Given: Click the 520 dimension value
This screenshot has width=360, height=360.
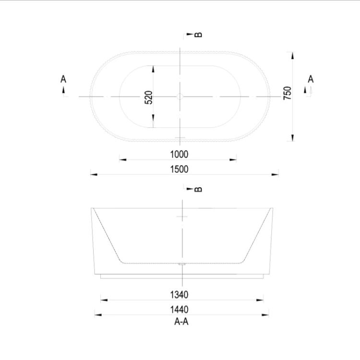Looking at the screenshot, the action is click(x=149, y=97).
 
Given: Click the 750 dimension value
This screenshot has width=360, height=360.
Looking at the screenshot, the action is click(x=287, y=93).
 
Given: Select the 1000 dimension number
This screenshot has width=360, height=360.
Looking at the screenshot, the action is click(x=179, y=154).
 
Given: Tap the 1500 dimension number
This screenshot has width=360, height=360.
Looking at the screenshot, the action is click(x=179, y=169).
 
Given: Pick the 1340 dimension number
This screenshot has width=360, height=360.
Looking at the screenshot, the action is click(x=179, y=295).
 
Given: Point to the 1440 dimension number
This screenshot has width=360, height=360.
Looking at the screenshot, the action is click(x=179, y=310).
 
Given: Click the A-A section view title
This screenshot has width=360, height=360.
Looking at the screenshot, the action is click(x=181, y=322).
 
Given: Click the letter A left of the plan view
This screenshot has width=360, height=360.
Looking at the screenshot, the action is click(x=63, y=79).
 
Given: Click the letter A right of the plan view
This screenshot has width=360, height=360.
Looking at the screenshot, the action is click(x=311, y=79).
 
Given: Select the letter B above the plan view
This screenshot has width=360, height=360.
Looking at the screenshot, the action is click(x=198, y=35).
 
